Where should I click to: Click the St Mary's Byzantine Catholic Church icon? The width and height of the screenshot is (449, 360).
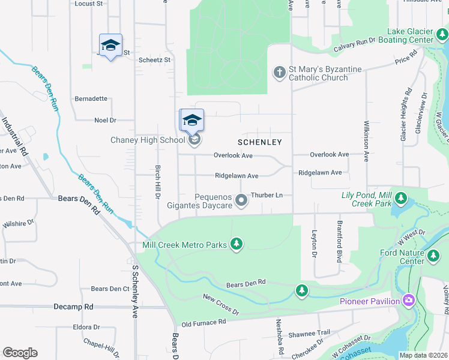click(279, 73)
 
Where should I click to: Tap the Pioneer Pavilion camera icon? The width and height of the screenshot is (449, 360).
click(409, 299)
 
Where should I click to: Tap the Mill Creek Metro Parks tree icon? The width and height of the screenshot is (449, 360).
click(237, 244)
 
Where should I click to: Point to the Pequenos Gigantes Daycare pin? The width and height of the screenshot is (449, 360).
click(241, 200)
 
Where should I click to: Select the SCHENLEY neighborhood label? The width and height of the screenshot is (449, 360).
click(259, 142)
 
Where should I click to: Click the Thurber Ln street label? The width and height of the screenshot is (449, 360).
click(267, 195)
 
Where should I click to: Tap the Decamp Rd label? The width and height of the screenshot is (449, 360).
click(73, 306)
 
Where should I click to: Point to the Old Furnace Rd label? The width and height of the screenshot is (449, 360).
click(203, 323)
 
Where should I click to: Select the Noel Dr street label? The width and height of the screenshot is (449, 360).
click(104, 120)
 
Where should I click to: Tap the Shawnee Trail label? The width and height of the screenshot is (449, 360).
click(309, 333)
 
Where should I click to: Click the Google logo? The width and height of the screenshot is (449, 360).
click(20, 353)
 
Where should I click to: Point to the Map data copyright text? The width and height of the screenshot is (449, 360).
click(423, 355)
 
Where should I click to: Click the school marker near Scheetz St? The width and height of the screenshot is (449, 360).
click(110, 46)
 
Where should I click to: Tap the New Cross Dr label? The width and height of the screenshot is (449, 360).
click(220, 305)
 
